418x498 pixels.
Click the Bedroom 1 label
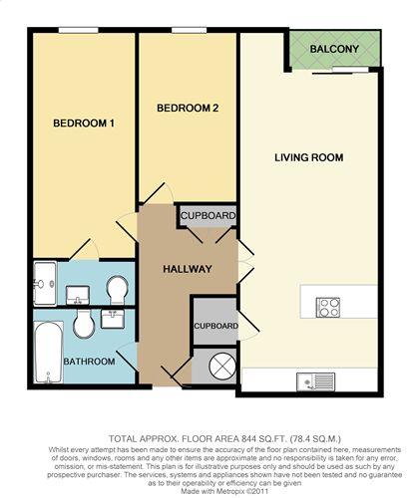click(x=84, y=124)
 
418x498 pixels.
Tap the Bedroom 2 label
click(x=188, y=108)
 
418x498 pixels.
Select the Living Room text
click(x=309, y=157)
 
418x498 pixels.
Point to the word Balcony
click(x=334, y=49)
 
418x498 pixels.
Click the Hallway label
click(x=188, y=269)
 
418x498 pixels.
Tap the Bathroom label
click(x=89, y=362)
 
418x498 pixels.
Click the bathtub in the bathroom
click(x=49, y=352)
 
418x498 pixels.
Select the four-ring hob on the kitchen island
click(x=328, y=308)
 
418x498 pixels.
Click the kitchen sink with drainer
click(x=316, y=381)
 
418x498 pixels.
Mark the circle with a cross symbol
click(x=222, y=366)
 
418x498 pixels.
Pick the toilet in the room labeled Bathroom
click(x=84, y=324)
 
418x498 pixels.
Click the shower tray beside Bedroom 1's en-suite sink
click(x=45, y=283)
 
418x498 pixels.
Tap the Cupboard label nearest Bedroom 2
click(x=209, y=216)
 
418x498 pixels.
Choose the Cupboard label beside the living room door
click(x=215, y=326)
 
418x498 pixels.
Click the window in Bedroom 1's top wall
click(x=79, y=30)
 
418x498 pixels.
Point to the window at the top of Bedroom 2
click(x=189, y=30)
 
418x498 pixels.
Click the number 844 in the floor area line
click(x=246, y=439)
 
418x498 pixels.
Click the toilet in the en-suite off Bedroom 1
click(x=118, y=290)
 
